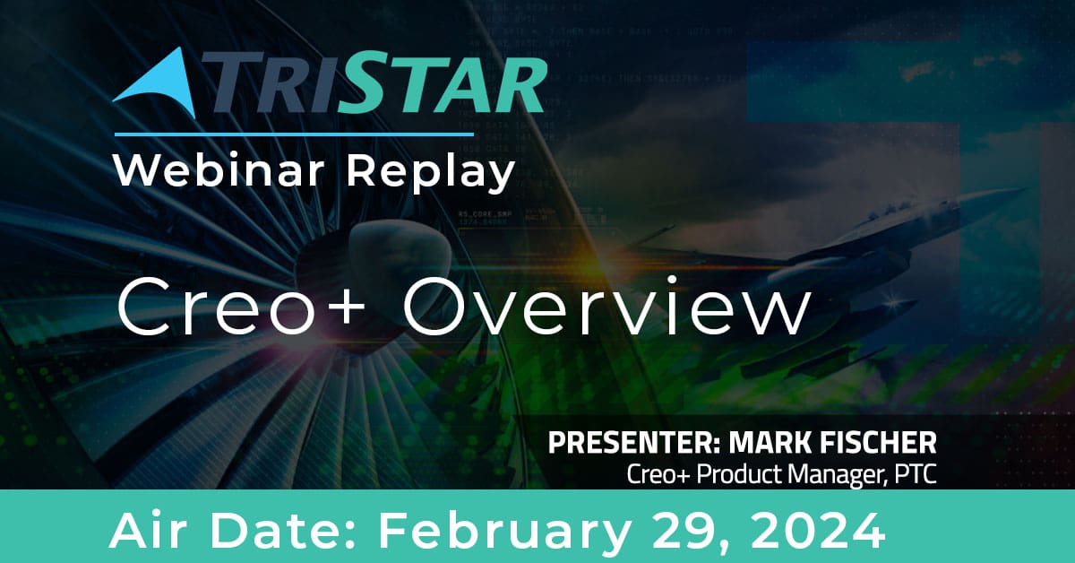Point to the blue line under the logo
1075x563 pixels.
pyautogui.click(x=294, y=134)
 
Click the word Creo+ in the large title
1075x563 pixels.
pyautogui.click(x=241, y=307)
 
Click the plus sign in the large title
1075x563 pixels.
pyautogui.click(x=342, y=307)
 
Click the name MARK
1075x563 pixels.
pyautogui.click(x=771, y=443)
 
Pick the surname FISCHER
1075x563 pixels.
pyautogui.click(x=879, y=443)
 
